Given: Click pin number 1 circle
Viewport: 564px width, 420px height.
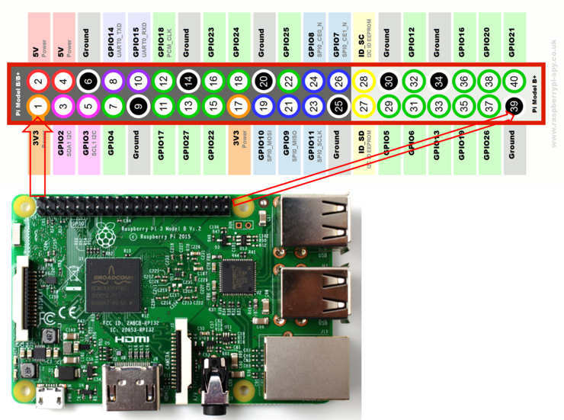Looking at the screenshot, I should point(39,107).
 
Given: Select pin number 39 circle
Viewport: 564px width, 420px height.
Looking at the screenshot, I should point(514,107).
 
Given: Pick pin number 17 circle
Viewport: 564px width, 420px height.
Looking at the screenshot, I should point(237,107).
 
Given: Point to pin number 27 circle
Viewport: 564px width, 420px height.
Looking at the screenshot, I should point(364,107).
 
